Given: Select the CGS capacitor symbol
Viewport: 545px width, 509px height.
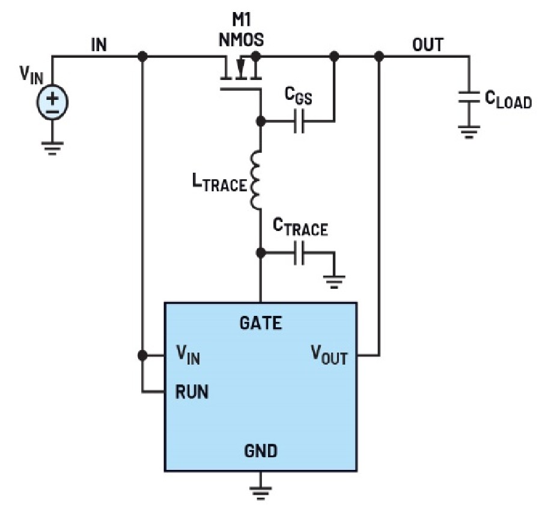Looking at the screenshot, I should (299, 122).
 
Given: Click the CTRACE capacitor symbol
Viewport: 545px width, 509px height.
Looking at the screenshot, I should (299, 253).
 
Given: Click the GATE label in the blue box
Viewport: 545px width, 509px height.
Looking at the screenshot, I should (260, 324).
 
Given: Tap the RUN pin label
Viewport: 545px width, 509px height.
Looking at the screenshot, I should (192, 392).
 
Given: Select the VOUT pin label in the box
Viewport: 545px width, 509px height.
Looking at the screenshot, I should (329, 355).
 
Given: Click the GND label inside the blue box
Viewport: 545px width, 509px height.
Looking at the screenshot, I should (260, 451).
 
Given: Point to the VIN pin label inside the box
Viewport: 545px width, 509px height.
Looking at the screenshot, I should (187, 355).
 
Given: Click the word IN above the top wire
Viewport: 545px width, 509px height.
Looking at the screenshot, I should (99, 46).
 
